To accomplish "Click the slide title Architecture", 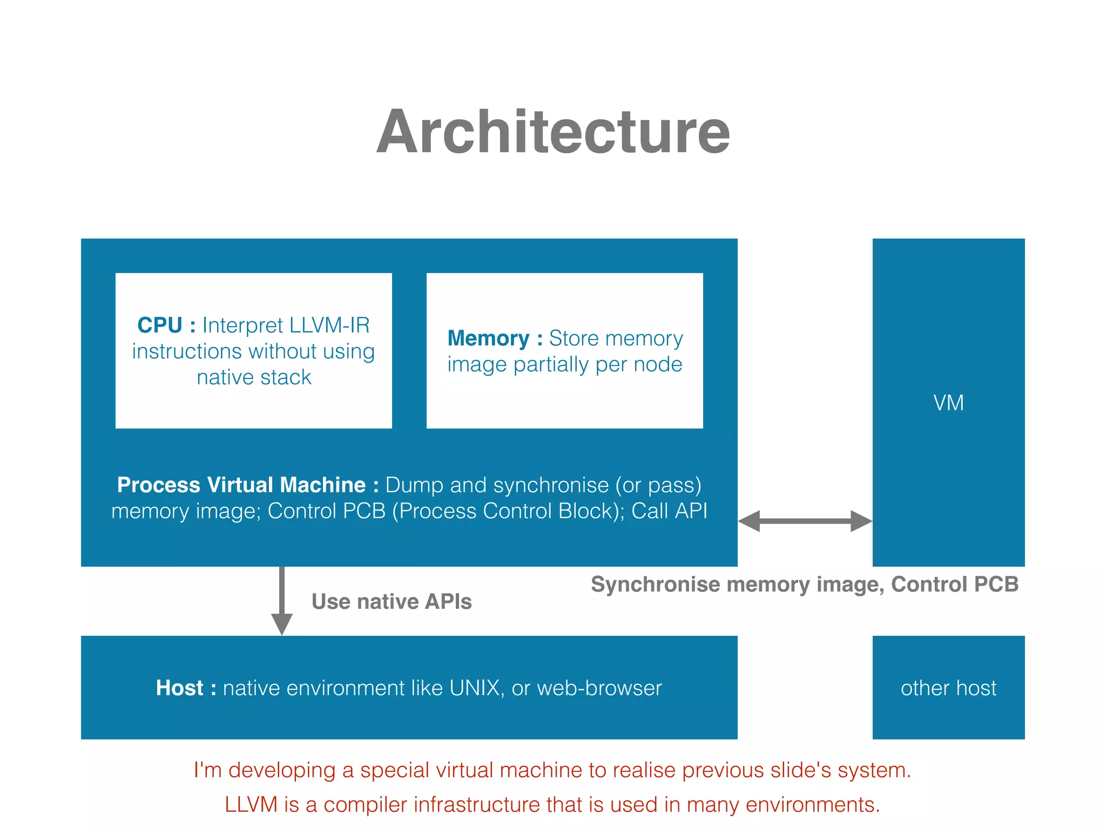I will pyautogui.click(x=553, y=132).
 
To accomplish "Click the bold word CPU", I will pyautogui.click(x=159, y=325).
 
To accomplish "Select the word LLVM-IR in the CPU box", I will pyautogui.click(x=329, y=325).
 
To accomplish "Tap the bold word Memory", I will pyautogui.click(x=488, y=338).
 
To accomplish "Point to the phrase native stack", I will pyautogui.click(x=254, y=377).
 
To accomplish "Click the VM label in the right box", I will pyautogui.click(x=948, y=403).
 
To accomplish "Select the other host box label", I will pyautogui.click(x=948, y=688).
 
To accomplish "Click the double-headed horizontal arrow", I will pyautogui.click(x=805, y=521).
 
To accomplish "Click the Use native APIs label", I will pyautogui.click(x=392, y=602).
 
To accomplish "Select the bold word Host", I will pyautogui.click(x=179, y=688).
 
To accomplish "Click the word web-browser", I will pyautogui.click(x=599, y=688).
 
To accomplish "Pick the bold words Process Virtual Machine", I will pyautogui.click(x=241, y=485).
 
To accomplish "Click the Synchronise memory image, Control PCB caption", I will pyautogui.click(x=805, y=585).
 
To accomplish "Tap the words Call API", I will pyautogui.click(x=669, y=511).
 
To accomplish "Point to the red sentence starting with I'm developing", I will pyautogui.click(x=552, y=770).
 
